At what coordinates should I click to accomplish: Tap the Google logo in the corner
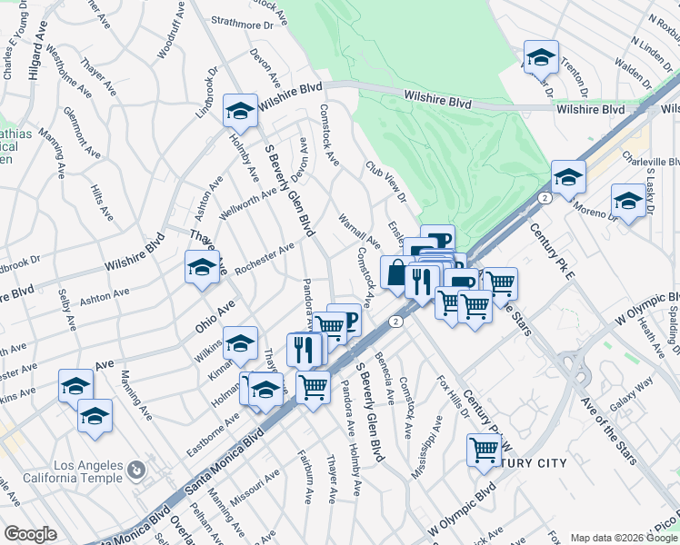point(30,535)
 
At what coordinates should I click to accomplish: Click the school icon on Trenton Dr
point(541,59)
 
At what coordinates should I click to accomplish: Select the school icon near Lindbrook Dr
point(240,112)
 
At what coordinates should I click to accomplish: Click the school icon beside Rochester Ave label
point(202,268)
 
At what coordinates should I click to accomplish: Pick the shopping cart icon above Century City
point(485,449)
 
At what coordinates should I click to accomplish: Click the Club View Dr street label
point(385,182)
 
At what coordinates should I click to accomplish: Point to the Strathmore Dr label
point(242,25)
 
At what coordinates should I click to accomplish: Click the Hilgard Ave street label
point(36,54)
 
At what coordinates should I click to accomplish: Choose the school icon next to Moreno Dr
point(628,201)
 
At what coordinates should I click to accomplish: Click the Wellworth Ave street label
point(247,203)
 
